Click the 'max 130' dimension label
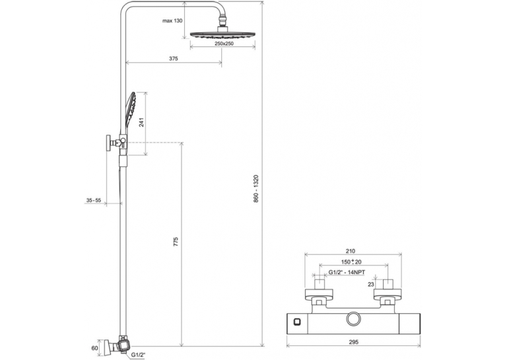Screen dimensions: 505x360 click(x=172, y=20)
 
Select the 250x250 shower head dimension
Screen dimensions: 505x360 click(x=224, y=44)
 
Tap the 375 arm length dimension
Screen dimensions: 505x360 click(x=173, y=59)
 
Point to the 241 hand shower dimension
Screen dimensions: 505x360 click(x=142, y=122)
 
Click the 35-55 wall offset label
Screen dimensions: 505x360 click(x=93, y=200)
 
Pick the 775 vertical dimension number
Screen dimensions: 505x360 click(x=176, y=242)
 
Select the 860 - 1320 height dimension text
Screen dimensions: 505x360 click(x=255, y=188)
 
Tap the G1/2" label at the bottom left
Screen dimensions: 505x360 click(x=138, y=355)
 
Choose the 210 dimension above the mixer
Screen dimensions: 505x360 click(x=350, y=251)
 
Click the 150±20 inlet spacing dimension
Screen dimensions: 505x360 click(x=351, y=262)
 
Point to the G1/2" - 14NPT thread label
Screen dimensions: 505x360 click(x=347, y=272)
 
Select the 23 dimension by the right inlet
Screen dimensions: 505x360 click(x=371, y=284)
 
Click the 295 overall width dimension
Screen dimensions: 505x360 click(x=353, y=342)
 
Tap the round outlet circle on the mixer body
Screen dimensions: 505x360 click(x=354, y=319)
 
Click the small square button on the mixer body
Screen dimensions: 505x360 click(x=296, y=321)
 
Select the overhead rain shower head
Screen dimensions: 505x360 click(x=223, y=34)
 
